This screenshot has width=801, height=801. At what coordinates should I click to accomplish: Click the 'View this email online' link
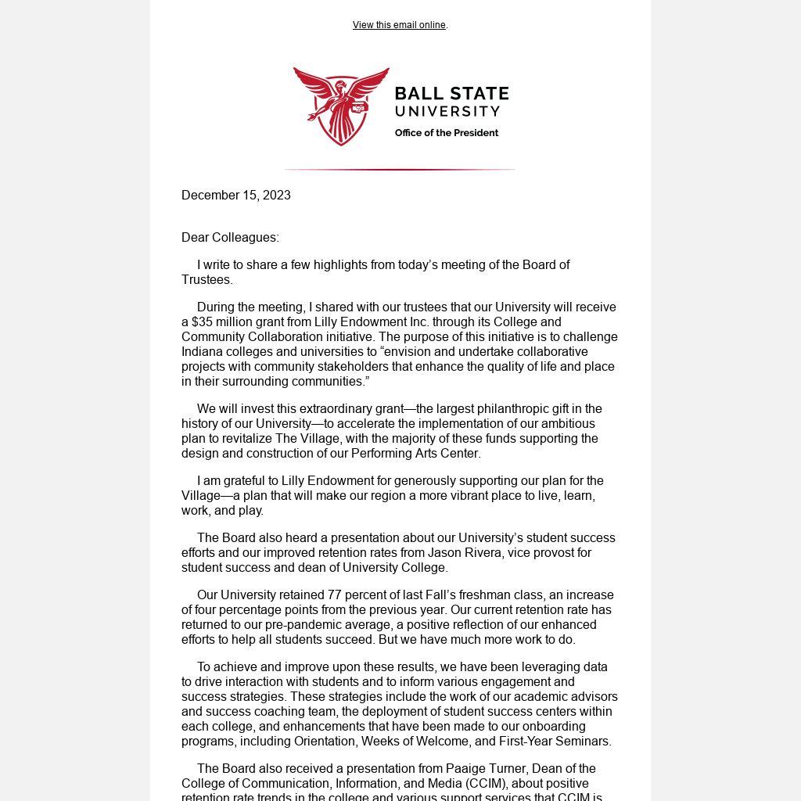point(399,25)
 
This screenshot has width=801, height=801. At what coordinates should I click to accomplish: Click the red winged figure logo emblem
point(341,106)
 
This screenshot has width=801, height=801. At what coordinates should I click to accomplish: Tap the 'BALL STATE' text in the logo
point(451,94)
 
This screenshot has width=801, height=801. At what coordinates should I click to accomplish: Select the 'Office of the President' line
point(447,133)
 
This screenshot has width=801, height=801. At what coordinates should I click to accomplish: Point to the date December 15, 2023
point(236,196)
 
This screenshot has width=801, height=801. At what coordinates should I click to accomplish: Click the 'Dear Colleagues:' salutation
point(230,238)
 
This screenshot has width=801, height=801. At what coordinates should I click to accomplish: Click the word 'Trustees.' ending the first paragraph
point(207,280)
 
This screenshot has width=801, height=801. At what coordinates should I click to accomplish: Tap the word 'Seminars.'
point(583,742)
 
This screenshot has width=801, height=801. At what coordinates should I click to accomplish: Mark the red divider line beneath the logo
point(400,169)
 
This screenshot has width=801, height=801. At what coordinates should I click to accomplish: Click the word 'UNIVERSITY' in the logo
point(447,112)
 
